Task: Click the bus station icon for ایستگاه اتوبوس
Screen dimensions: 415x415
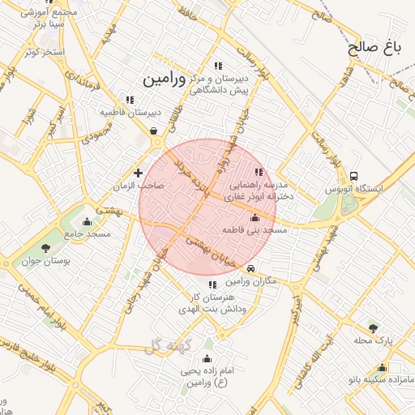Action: (353, 176)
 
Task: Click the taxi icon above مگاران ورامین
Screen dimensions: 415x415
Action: (251, 268)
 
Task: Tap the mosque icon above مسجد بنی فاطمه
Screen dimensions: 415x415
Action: (255, 218)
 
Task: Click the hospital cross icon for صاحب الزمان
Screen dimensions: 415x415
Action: (138, 173)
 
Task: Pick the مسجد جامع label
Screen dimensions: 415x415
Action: (88, 233)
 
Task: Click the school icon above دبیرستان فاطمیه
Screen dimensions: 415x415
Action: (130, 100)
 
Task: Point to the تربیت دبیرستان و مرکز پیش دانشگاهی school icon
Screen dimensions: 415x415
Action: (217, 66)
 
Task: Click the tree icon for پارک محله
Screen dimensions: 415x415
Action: (372, 327)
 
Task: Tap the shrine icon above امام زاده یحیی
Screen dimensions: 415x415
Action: (207, 358)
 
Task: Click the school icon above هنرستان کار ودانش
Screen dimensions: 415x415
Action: (212, 285)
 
